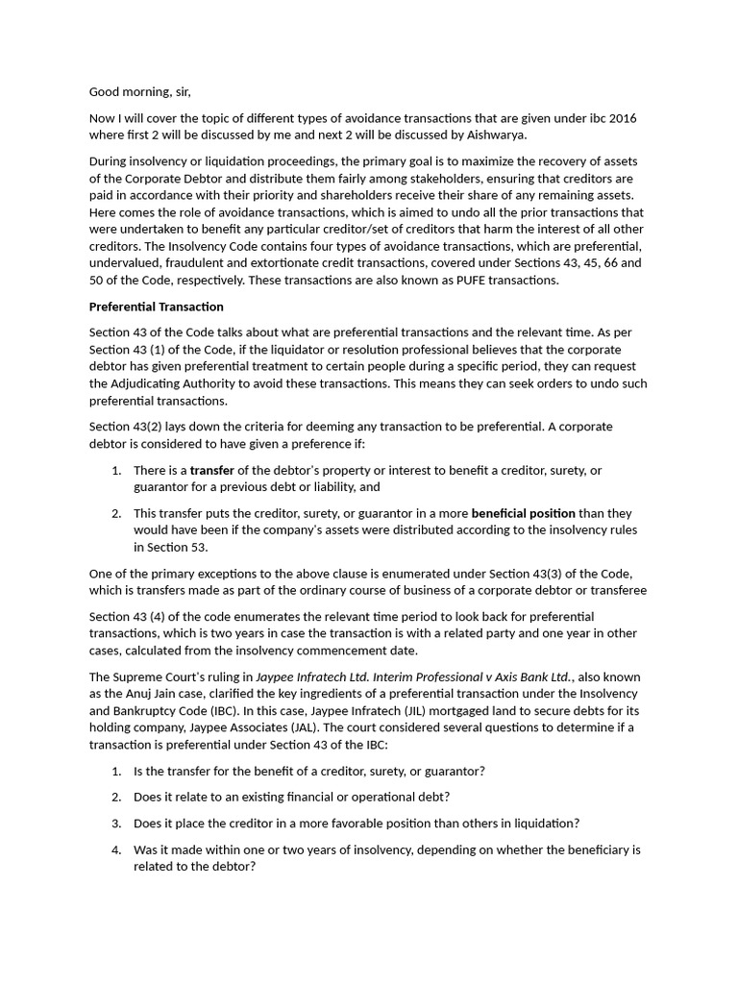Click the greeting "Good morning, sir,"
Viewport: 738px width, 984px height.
140,92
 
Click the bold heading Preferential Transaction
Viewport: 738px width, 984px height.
156,307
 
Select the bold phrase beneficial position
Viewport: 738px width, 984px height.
523,513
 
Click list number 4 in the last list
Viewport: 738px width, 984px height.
115,849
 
